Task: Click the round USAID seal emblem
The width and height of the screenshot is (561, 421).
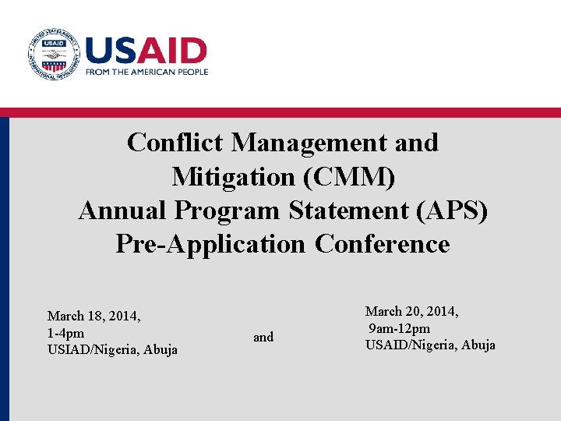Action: click(53, 53)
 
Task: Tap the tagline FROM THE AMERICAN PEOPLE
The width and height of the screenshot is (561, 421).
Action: click(146, 72)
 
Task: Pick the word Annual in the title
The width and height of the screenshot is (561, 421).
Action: click(123, 210)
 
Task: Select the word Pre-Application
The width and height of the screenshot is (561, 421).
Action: click(210, 244)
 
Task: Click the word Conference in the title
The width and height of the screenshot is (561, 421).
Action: click(383, 244)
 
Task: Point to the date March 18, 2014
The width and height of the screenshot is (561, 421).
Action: click(93, 316)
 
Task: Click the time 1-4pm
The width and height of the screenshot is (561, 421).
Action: click(65, 333)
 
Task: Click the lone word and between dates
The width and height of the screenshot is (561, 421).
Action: click(263, 337)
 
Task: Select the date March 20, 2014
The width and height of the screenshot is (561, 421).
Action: click(411, 311)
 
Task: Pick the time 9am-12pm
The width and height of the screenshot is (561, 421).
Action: click(399, 328)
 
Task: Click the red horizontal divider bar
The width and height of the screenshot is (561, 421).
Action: click(280, 112)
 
